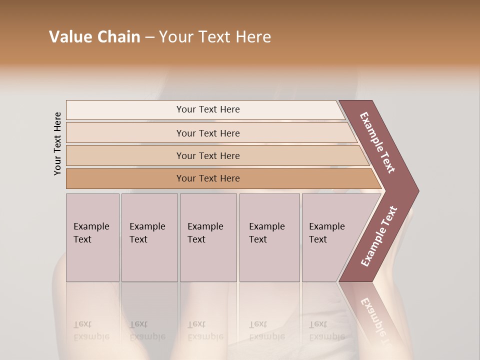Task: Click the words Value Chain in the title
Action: (94, 37)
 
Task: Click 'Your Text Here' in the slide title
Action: (215, 37)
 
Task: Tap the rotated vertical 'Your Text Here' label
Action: (57, 143)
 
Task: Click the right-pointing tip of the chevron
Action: (412, 191)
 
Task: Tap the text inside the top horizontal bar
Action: (208, 109)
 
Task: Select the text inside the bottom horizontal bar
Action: (208, 178)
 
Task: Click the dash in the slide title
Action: (149, 37)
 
